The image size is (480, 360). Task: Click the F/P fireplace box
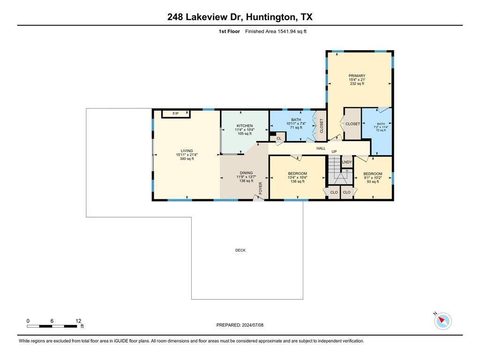tap(176, 114)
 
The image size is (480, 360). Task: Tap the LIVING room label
tap(187, 150)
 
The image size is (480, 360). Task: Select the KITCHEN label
tap(245, 126)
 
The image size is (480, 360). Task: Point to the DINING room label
tap(246, 173)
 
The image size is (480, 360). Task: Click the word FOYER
tap(261, 188)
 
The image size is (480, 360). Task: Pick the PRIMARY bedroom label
tap(357, 76)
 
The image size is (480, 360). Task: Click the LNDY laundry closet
tap(347, 162)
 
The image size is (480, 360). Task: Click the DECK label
tap(240, 250)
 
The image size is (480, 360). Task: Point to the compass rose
tap(442, 321)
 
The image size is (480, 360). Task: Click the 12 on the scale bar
tap(78, 321)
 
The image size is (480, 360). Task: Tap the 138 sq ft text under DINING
tap(246, 181)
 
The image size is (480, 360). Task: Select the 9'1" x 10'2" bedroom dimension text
tap(373, 178)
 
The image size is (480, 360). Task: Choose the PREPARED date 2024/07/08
tap(252, 325)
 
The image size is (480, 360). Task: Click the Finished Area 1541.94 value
tap(286, 31)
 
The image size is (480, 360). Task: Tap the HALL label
tap(321, 148)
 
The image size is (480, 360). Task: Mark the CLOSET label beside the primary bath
tap(352, 124)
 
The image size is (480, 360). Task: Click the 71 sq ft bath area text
tap(296, 127)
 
